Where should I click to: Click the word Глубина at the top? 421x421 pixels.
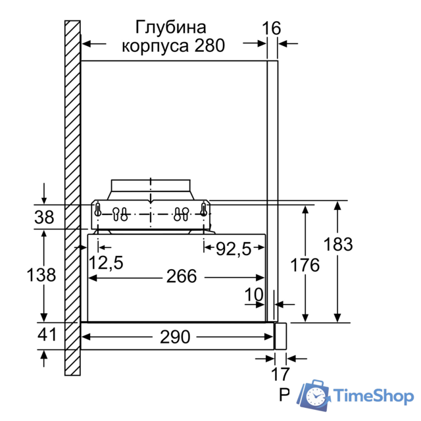point(170,28)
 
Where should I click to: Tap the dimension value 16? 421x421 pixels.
point(270,28)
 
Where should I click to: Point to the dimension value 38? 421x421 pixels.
point(44,216)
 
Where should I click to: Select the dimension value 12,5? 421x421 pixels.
point(106,263)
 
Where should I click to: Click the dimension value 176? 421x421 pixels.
point(305,266)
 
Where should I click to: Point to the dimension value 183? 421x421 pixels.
point(338,244)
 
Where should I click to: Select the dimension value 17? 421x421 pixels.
point(280,375)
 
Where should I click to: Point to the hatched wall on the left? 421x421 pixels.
point(72,197)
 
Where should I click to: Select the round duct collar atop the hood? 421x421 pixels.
point(151,187)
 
